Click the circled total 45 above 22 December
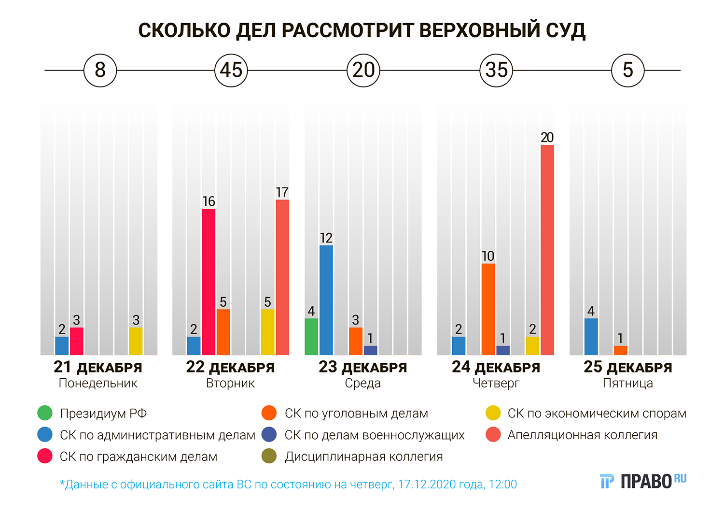click(231, 71)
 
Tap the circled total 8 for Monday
click(100, 71)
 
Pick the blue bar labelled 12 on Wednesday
click(326, 300)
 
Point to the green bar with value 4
click(311, 336)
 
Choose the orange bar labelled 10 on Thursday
click(488, 309)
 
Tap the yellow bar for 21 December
click(136, 341)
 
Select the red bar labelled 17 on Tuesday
click(282, 277)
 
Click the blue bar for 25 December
click(591, 336)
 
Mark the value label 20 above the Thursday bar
click(547, 138)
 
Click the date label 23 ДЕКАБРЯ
click(362, 367)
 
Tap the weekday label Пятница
click(628, 384)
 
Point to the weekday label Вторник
click(230, 384)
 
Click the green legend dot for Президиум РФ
click(45, 414)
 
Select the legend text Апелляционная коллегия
click(582, 435)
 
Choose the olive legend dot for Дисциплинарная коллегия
click(269, 457)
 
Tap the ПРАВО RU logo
click(643, 481)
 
